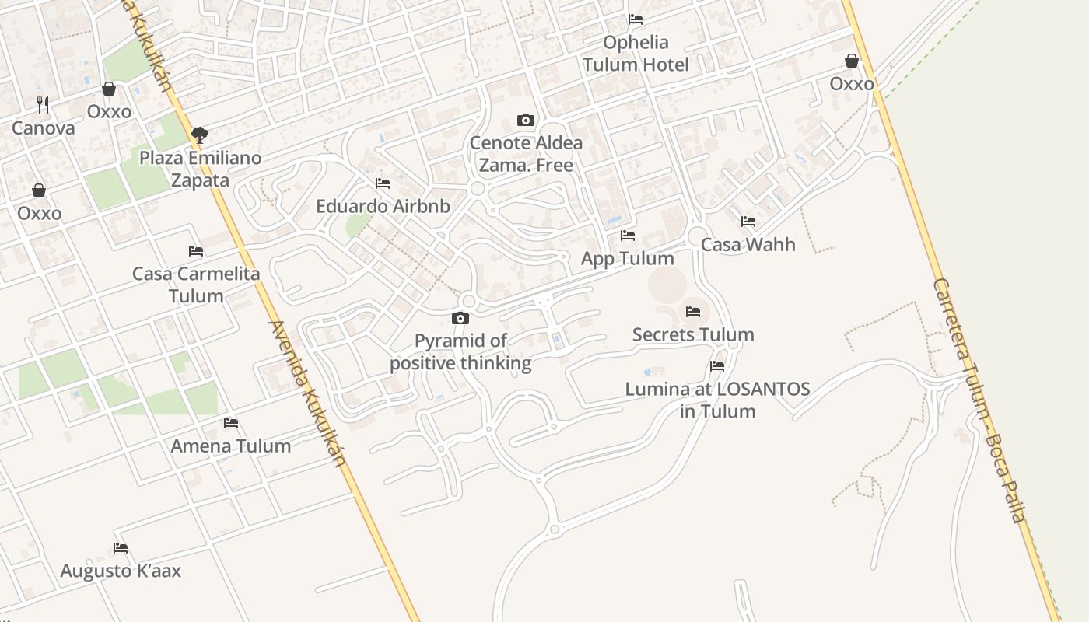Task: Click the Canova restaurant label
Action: coord(44,128)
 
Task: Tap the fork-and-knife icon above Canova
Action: coord(43,104)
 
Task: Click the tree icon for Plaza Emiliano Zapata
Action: coord(200,135)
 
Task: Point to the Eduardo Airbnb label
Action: coord(383,207)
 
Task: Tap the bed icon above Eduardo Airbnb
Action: coord(383,183)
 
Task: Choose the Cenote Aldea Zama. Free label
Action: coord(526,154)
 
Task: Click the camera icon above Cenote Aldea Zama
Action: coord(526,120)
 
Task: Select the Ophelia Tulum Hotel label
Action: coord(636,53)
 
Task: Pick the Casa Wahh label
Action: coord(748,245)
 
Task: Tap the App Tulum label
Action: coord(628,259)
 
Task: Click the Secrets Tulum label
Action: coord(693,335)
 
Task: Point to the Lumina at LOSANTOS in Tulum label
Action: coord(718,400)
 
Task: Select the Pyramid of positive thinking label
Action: coord(460,352)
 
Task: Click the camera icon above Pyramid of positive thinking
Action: coord(460,318)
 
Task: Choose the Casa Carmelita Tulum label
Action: coord(196,285)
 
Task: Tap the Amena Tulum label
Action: coord(231,446)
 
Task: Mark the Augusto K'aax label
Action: coord(121,571)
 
